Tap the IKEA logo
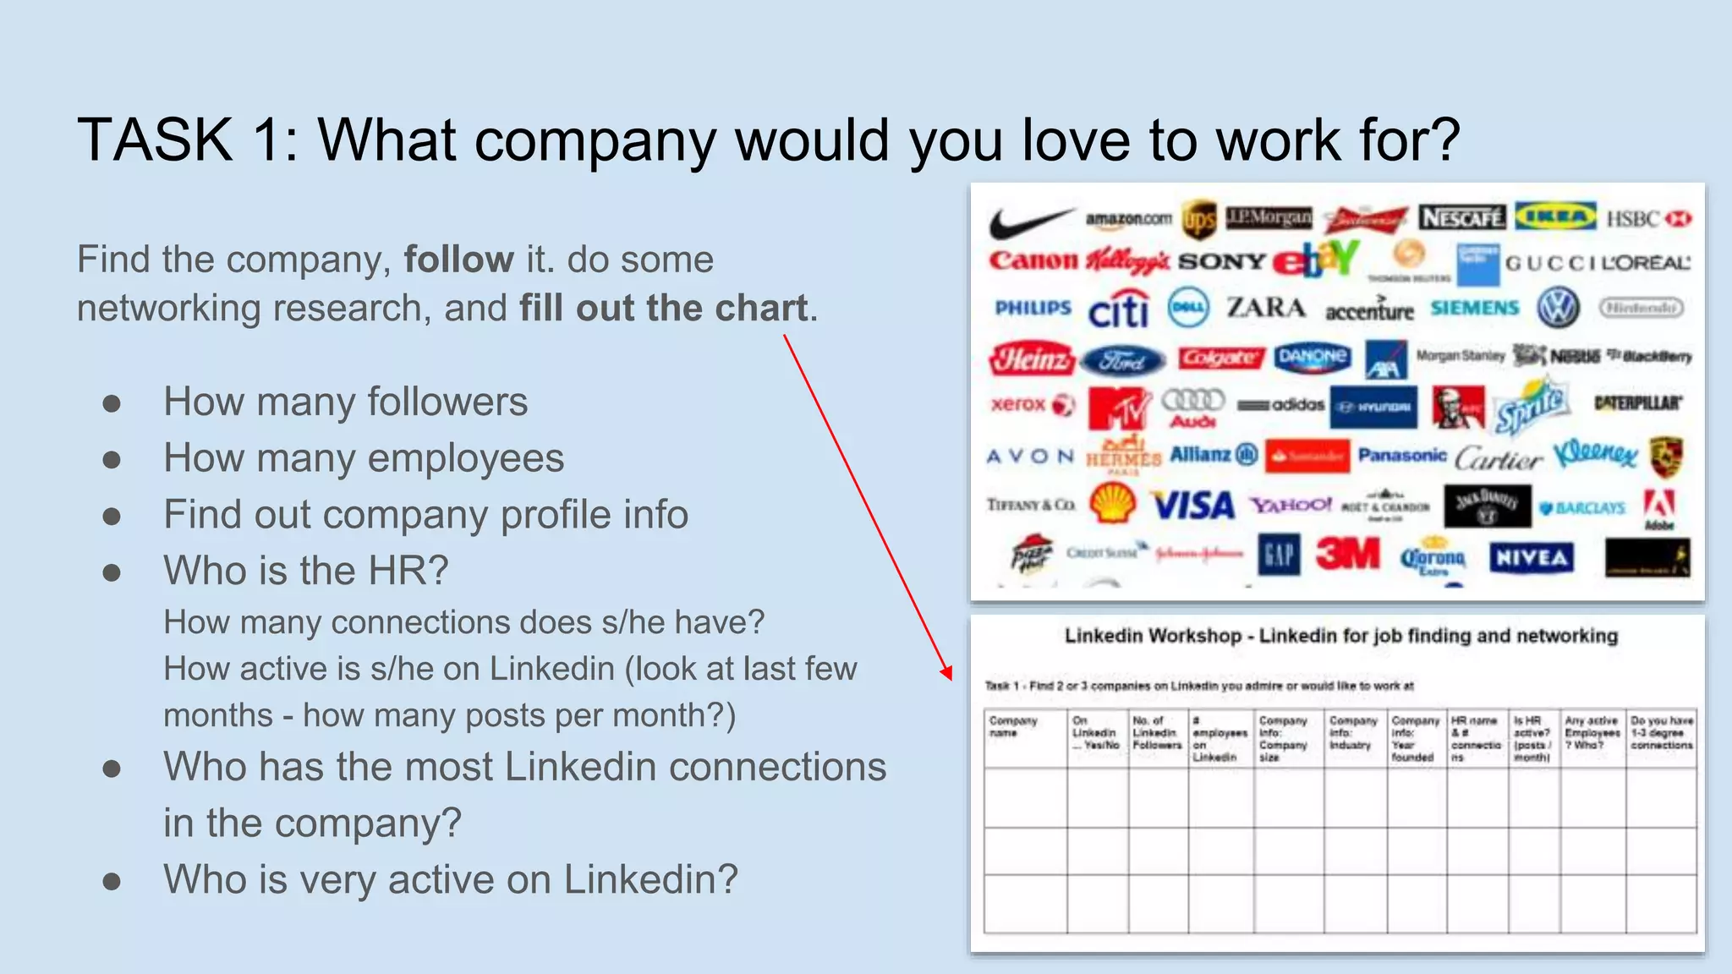1554,216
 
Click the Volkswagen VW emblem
1558,308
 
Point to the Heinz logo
1031,359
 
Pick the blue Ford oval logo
1123,361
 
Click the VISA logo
1193,506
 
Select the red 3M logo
1347,555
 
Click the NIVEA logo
1531,557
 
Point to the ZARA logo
1266,308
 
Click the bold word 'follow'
458,260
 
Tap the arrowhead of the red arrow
948,673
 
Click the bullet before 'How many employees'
112,460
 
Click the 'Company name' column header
1013,726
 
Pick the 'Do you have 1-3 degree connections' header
1661,732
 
